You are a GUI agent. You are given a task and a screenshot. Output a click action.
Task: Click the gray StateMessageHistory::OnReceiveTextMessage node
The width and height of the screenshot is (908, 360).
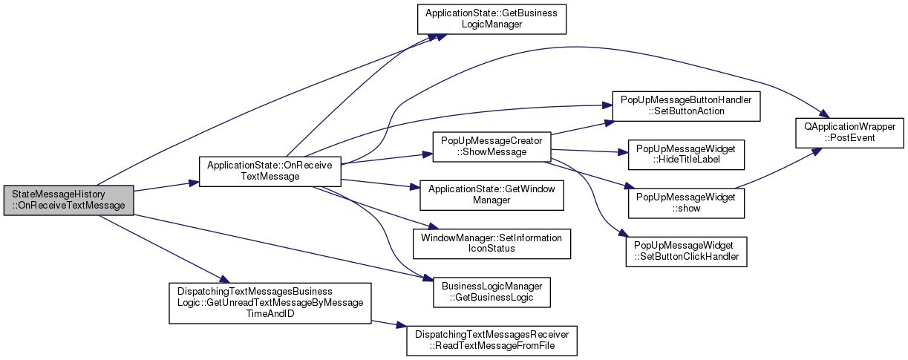coord(68,200)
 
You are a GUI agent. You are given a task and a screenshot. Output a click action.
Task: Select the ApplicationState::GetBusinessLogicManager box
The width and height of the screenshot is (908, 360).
coord(491,19)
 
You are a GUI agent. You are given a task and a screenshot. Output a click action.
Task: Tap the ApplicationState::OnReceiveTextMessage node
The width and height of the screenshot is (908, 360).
coord(269,170)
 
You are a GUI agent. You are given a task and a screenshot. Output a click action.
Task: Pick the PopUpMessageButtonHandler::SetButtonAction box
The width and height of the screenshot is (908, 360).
coord(686,105)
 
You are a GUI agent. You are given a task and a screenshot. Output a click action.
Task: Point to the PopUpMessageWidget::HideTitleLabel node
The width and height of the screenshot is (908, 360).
coord(686,154)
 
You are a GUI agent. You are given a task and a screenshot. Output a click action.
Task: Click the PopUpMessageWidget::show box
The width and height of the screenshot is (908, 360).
coord(686,203)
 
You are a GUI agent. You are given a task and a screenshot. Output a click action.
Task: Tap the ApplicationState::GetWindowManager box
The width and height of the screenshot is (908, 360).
coord(486,194)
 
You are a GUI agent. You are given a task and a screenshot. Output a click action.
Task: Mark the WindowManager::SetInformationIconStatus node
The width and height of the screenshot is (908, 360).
coord(491,243)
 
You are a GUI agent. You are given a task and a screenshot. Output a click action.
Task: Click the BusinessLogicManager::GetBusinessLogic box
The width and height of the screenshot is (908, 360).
coord(491,292)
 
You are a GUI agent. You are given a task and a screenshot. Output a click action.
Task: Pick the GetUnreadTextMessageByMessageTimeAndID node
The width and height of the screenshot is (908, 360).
coord(270,303)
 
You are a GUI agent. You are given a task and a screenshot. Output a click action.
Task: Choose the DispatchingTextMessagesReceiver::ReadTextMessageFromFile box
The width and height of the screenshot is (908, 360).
coord(491,340)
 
